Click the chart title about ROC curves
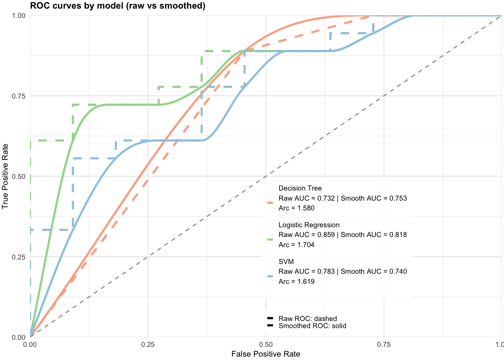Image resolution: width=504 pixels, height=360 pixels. click(117, 6)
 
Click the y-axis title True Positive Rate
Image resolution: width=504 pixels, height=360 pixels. click(5, 176)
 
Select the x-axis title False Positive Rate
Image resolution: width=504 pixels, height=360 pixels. click(265, 354)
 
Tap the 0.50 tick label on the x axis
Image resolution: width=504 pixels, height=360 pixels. click(265, 345)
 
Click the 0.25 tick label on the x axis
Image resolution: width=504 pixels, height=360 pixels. click(148, 345)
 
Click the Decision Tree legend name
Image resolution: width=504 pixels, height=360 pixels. click(300, 188)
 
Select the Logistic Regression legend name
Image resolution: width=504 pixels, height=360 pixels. click(309, 225)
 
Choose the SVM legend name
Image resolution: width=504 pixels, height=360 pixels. click(286, 262)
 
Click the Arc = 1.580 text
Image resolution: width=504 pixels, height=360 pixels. click(296, 208)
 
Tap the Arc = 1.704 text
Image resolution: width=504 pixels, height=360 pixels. click(296, 245)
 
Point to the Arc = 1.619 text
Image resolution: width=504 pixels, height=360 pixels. click(296, 282)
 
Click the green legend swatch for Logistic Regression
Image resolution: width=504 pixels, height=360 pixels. click(270, 239)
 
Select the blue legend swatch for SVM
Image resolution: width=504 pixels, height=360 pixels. click(270, 276)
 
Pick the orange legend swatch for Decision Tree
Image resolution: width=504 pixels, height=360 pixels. click(270, 202)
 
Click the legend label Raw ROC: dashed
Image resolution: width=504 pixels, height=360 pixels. click(307, 319)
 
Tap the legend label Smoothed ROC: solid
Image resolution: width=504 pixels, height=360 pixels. click(312, 326)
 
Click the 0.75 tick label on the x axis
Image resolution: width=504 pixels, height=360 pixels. click(384, 345)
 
